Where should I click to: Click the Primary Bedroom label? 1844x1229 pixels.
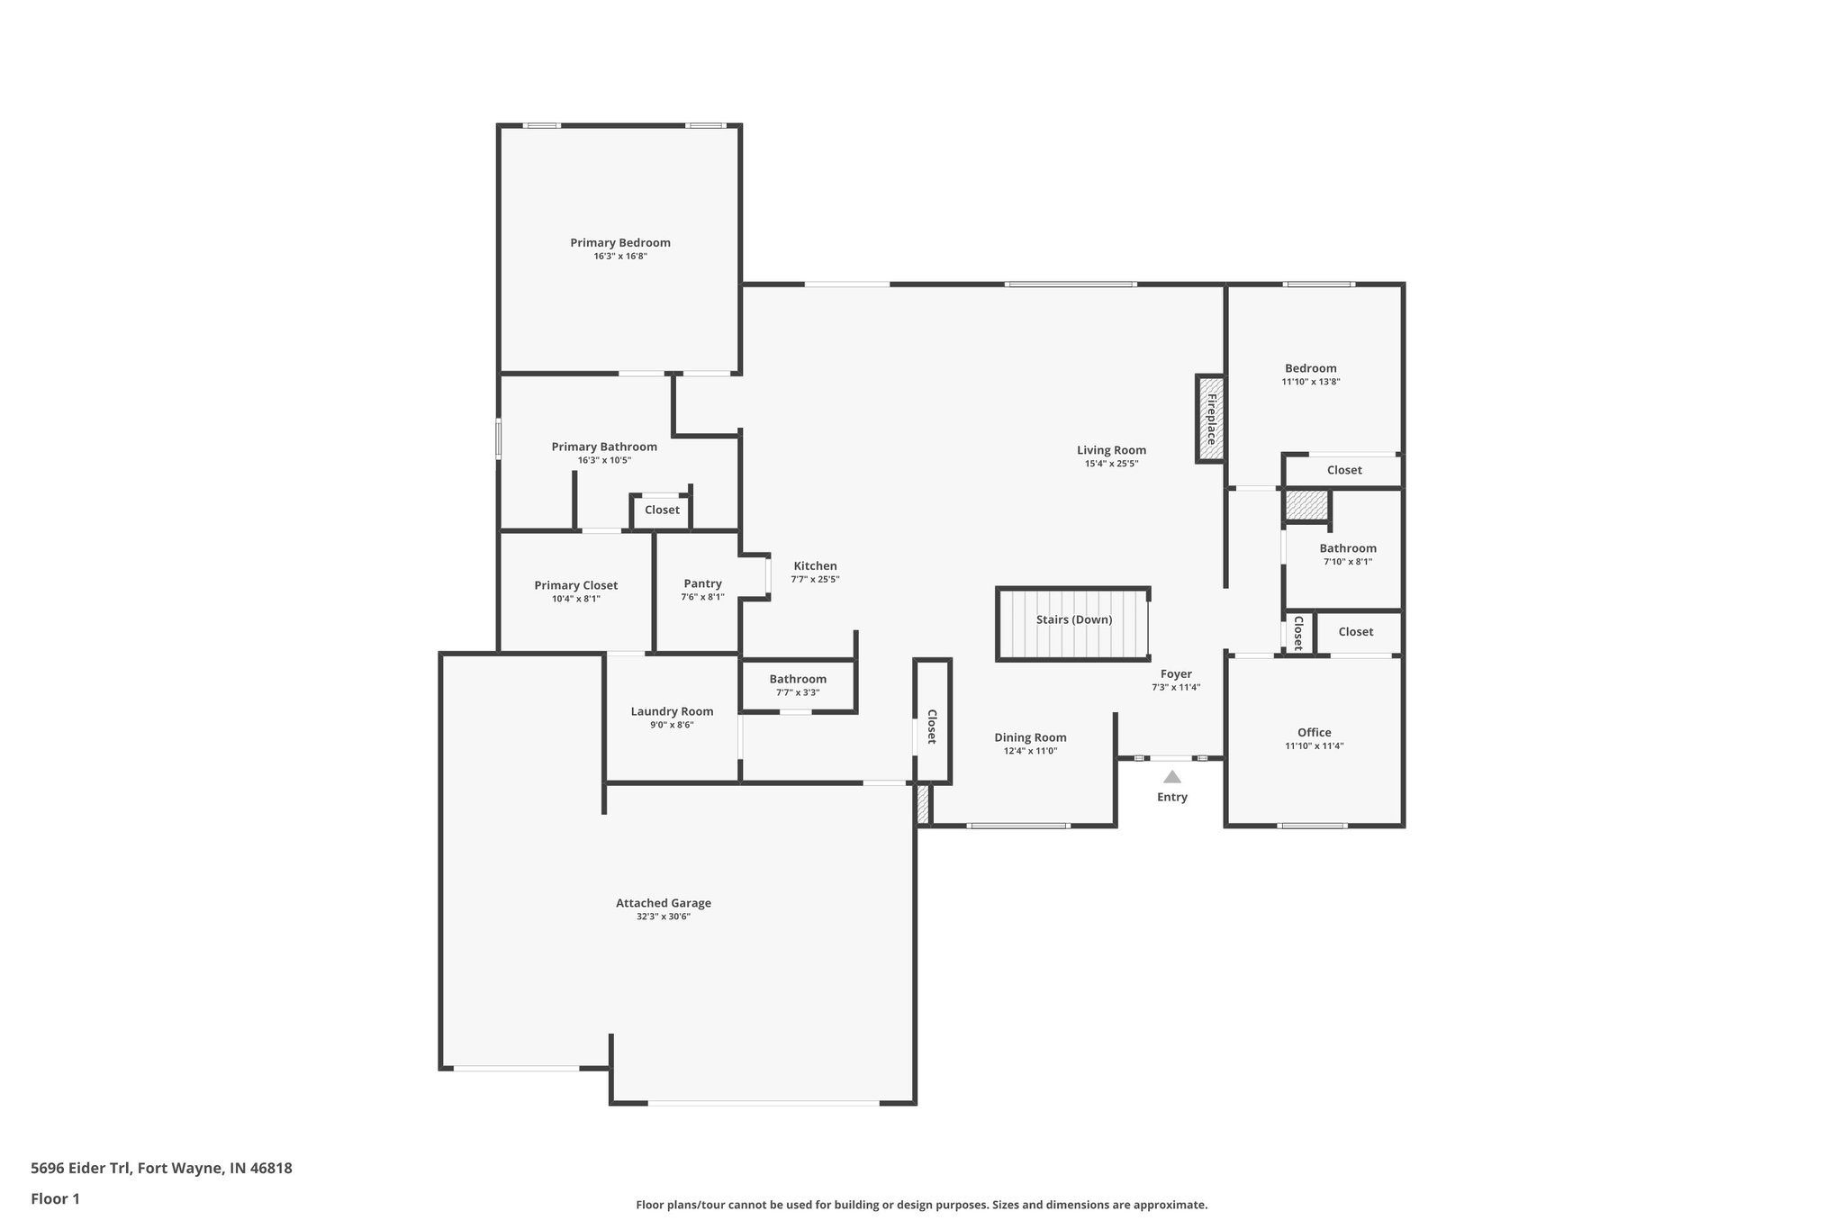tap(619, 242)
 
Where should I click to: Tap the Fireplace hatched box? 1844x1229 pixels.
tap(1210, 419)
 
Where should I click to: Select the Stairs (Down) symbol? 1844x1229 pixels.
tap(1072, 624)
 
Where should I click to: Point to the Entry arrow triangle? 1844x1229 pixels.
tap(1171, 777)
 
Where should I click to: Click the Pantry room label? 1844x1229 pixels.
tap(702, 583)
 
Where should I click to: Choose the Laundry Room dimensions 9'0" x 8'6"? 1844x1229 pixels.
tap(672, 725)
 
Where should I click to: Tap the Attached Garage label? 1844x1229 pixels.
tap(663, 903)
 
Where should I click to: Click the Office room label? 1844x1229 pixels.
tap(1314, 732)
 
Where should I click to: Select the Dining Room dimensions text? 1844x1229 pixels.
tap(1030, 751)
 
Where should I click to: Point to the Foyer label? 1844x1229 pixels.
tap(1175, 673)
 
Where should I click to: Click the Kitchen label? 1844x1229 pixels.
tap(815, 565)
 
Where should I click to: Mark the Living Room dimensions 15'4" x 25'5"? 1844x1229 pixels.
tap(1111, 464)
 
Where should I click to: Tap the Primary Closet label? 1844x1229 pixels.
tap(575, 585)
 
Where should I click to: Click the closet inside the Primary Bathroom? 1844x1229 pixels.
tap(662, 511)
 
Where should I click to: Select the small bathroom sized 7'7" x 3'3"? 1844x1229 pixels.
tap(797, 685)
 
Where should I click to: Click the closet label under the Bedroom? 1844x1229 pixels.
tap(1343, 470)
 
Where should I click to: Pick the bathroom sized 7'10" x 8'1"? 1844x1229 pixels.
tap(1347, 554)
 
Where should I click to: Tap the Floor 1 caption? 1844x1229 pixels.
tap(55, 1198)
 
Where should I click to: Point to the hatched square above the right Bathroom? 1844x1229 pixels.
tap(1306, 504)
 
